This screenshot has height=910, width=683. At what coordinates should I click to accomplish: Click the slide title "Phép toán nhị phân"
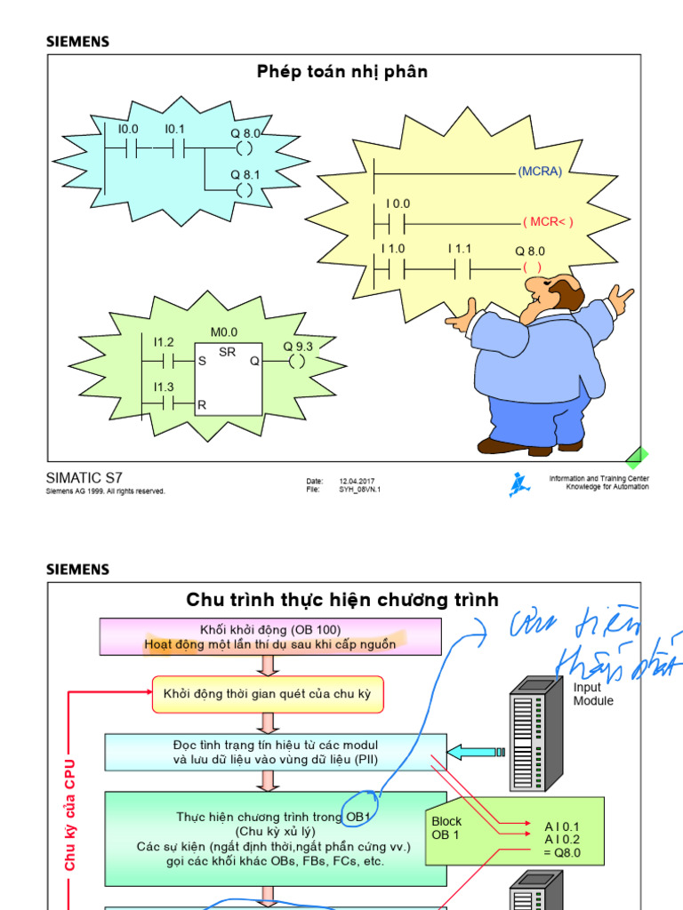click(342, 72)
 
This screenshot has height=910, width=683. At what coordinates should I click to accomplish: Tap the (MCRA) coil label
click(540, 172)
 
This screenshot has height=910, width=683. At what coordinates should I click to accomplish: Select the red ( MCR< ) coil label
click(548, 222)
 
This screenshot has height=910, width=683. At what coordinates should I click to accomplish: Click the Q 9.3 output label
click(298, 346)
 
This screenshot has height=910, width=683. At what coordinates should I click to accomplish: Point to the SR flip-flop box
click(229, 379)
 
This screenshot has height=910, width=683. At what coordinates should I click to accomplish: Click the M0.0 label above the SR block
click(224, 332)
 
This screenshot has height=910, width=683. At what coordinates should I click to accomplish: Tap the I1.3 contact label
click(164, 387)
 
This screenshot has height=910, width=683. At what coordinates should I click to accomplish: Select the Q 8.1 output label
click(245, 175)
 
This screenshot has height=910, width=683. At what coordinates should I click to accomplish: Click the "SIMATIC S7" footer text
click(84, 478)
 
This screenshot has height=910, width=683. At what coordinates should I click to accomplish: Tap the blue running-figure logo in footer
click(518, 484)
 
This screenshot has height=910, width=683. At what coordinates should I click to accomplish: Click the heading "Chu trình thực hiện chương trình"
click(342, 600)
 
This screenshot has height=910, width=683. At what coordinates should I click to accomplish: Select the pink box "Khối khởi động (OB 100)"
click(270, 637)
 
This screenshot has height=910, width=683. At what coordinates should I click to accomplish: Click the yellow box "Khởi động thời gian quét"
click(268, 693)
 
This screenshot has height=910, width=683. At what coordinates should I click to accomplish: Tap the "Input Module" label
click(592, 694)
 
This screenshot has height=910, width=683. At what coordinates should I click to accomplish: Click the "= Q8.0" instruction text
click(562, 852)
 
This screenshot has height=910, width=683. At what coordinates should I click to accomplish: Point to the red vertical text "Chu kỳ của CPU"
click(70, 813)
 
